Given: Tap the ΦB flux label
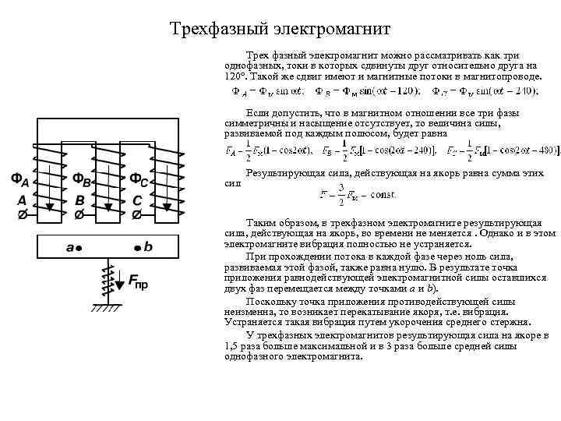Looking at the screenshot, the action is (x=82, y=181).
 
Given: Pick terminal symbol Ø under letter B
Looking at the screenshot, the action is (x=79, y=214).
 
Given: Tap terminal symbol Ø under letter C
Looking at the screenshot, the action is (x=137, y=214).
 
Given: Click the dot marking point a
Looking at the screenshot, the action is (x=80, y=248).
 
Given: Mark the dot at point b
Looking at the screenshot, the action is (x=136, y=248).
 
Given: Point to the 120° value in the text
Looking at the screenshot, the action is (x=234, y=78).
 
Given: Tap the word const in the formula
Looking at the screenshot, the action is (x=366, y=193).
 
